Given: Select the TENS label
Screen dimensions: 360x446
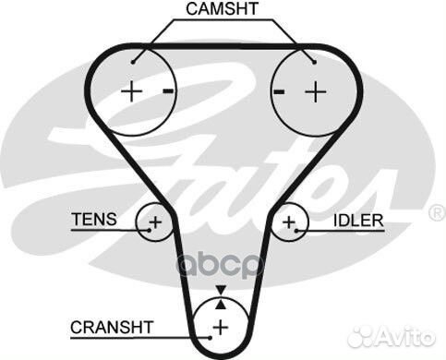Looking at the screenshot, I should (94, 219).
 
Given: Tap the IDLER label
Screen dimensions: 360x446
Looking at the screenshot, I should (358, 222).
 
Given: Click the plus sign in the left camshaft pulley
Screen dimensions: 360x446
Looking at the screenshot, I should (132, 91).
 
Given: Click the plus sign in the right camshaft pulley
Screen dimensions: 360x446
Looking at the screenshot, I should (316, 91).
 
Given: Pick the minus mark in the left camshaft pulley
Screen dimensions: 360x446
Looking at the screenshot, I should (167, 90).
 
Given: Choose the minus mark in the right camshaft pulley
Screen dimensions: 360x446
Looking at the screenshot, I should (278, 91).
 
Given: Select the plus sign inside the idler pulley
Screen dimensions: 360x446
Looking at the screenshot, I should (290, 222).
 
